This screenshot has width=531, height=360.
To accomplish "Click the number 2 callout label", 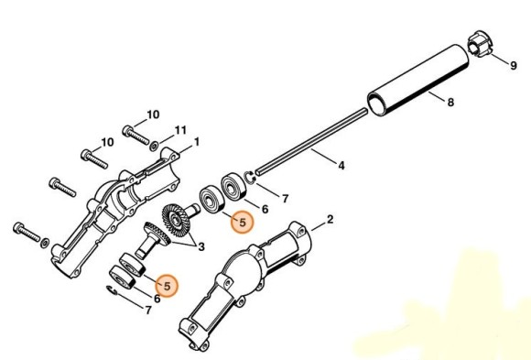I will click(x=330, y=220).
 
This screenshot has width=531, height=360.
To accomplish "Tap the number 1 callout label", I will click(x=196, y=143).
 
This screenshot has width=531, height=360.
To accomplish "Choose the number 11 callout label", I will click(x=180, y=129).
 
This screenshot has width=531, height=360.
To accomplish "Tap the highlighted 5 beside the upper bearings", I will click(x=243, y=222).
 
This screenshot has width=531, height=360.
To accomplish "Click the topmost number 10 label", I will click(x=153, y=115).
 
